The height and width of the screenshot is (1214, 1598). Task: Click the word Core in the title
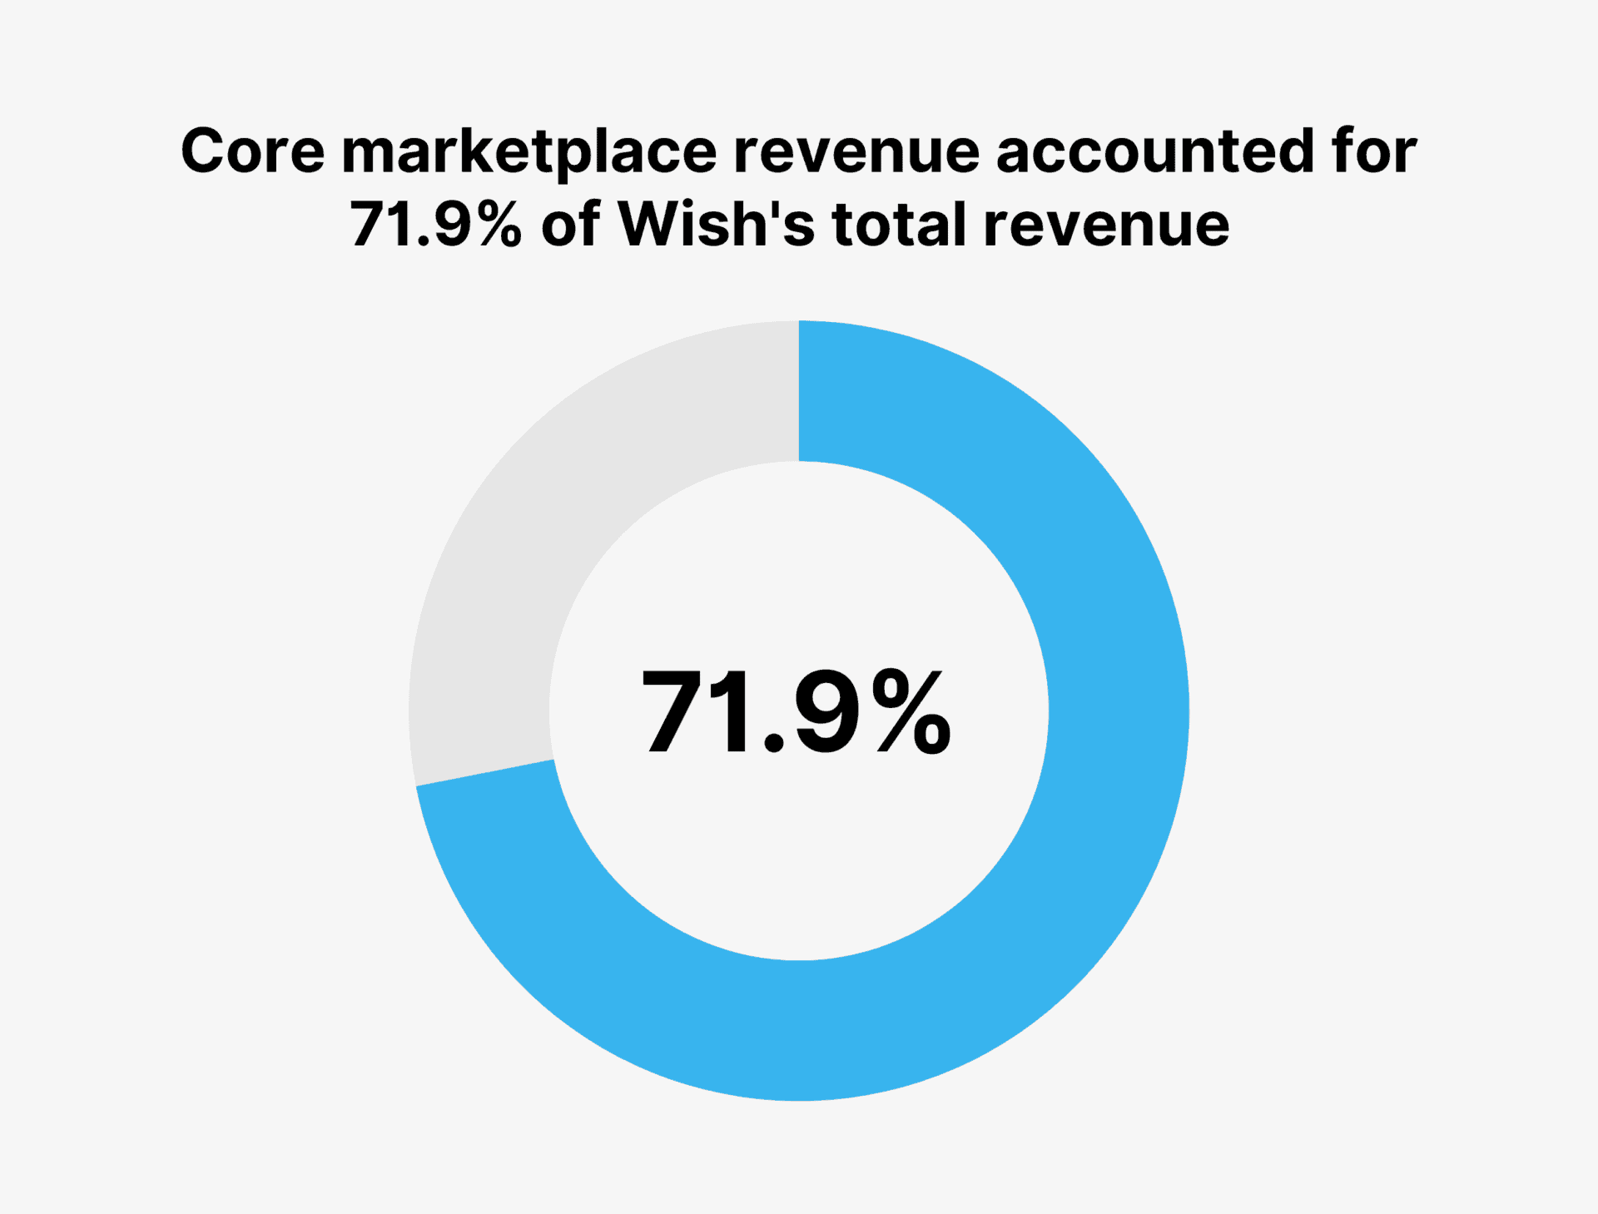[x=252, y=151]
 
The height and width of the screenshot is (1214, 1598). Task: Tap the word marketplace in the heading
[x=529, y=151]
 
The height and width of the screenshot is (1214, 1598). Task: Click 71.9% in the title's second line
[x=435, y=225]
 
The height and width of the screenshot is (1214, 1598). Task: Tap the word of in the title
[x=570, y=225]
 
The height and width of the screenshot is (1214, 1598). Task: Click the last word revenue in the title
[x=1106, y=225]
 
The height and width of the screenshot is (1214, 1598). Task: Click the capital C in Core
[x=204, y=151]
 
